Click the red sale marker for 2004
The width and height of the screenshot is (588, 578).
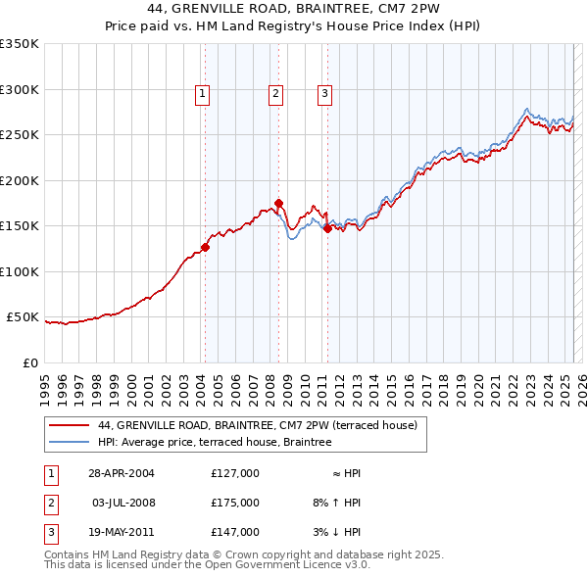click(206, 247)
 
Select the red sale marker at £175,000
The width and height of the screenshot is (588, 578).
click(279, 204)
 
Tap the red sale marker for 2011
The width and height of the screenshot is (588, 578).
click(327, 228)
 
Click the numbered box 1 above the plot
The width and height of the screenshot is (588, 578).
click(202, 94)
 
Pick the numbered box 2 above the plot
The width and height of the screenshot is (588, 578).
click(275, 94)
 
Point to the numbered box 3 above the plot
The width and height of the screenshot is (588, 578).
click(324, 94)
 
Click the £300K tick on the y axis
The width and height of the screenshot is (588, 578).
click(19, 89)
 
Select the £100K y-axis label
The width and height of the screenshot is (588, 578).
click(19, 271)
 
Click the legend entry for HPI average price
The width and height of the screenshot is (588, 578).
click(215, 442)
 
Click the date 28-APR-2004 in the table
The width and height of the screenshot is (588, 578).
click(122, 473)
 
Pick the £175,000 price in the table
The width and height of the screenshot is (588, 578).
click(235, 503)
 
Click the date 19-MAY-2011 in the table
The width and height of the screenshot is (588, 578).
click(122, 532)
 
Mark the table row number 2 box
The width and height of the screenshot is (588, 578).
click(49, 503)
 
